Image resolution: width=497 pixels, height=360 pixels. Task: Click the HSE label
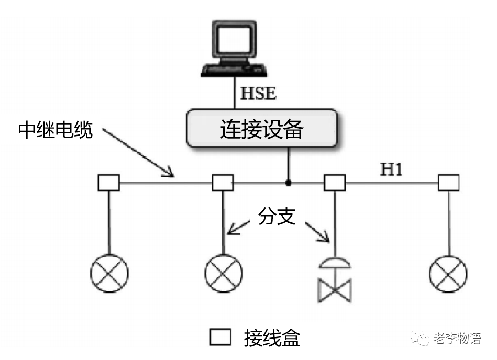click(258, 94)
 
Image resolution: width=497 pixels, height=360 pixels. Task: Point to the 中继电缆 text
click(56, 130)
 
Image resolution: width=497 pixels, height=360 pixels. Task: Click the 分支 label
click(277, 216)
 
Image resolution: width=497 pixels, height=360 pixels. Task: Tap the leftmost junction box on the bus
click(109, 183)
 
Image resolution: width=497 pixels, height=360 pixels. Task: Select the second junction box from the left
click(223, 183)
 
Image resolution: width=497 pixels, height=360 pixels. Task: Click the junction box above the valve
click(335, 183)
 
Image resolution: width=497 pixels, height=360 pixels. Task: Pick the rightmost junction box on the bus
click(448, 183)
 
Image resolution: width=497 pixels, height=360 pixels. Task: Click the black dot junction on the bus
click(288, 183)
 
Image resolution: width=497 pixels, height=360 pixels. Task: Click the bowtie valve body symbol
click(335, 290)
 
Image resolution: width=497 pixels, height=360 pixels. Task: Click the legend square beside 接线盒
click(220, 337)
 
